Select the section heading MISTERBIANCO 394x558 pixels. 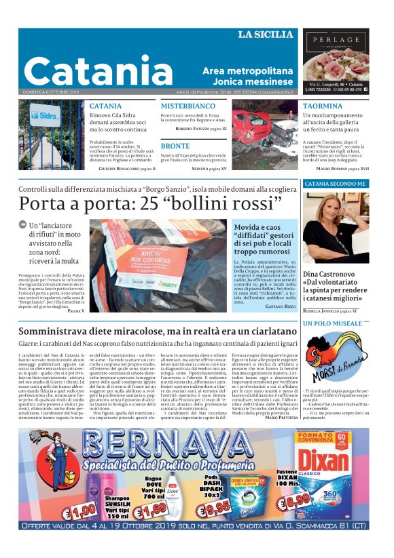188,106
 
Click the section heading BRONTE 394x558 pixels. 175,146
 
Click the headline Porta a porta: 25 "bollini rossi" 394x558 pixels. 149,203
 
